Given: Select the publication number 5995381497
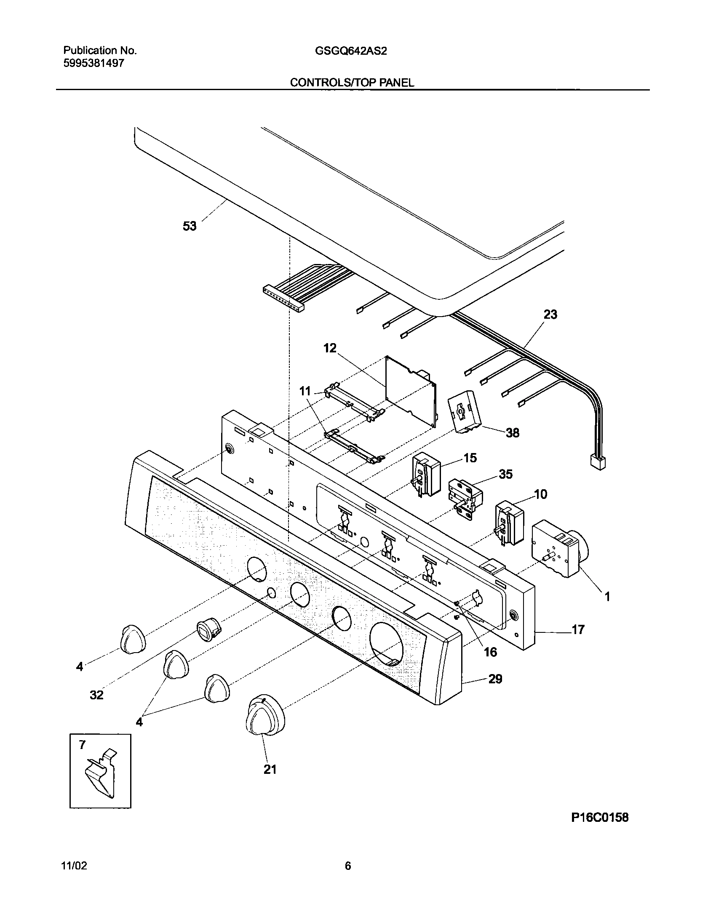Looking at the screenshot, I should pos(94,64).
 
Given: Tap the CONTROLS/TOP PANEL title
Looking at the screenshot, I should pos(352,83).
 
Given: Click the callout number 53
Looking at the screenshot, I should pos(190,226).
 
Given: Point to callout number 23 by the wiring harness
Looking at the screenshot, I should pos(550,315).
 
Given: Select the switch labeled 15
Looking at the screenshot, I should pos(426,474).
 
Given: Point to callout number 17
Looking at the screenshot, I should pos(578,629).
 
